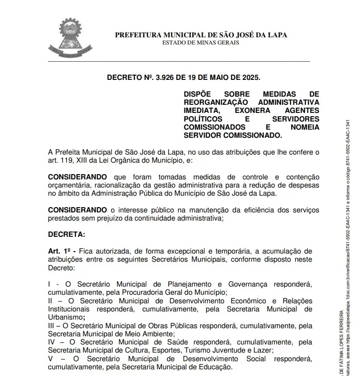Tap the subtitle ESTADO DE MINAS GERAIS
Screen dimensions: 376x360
[200, 43]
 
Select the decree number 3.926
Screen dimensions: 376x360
[166, 77]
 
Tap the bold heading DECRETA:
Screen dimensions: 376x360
[66, 234]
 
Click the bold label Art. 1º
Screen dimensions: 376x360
[61, 251]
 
